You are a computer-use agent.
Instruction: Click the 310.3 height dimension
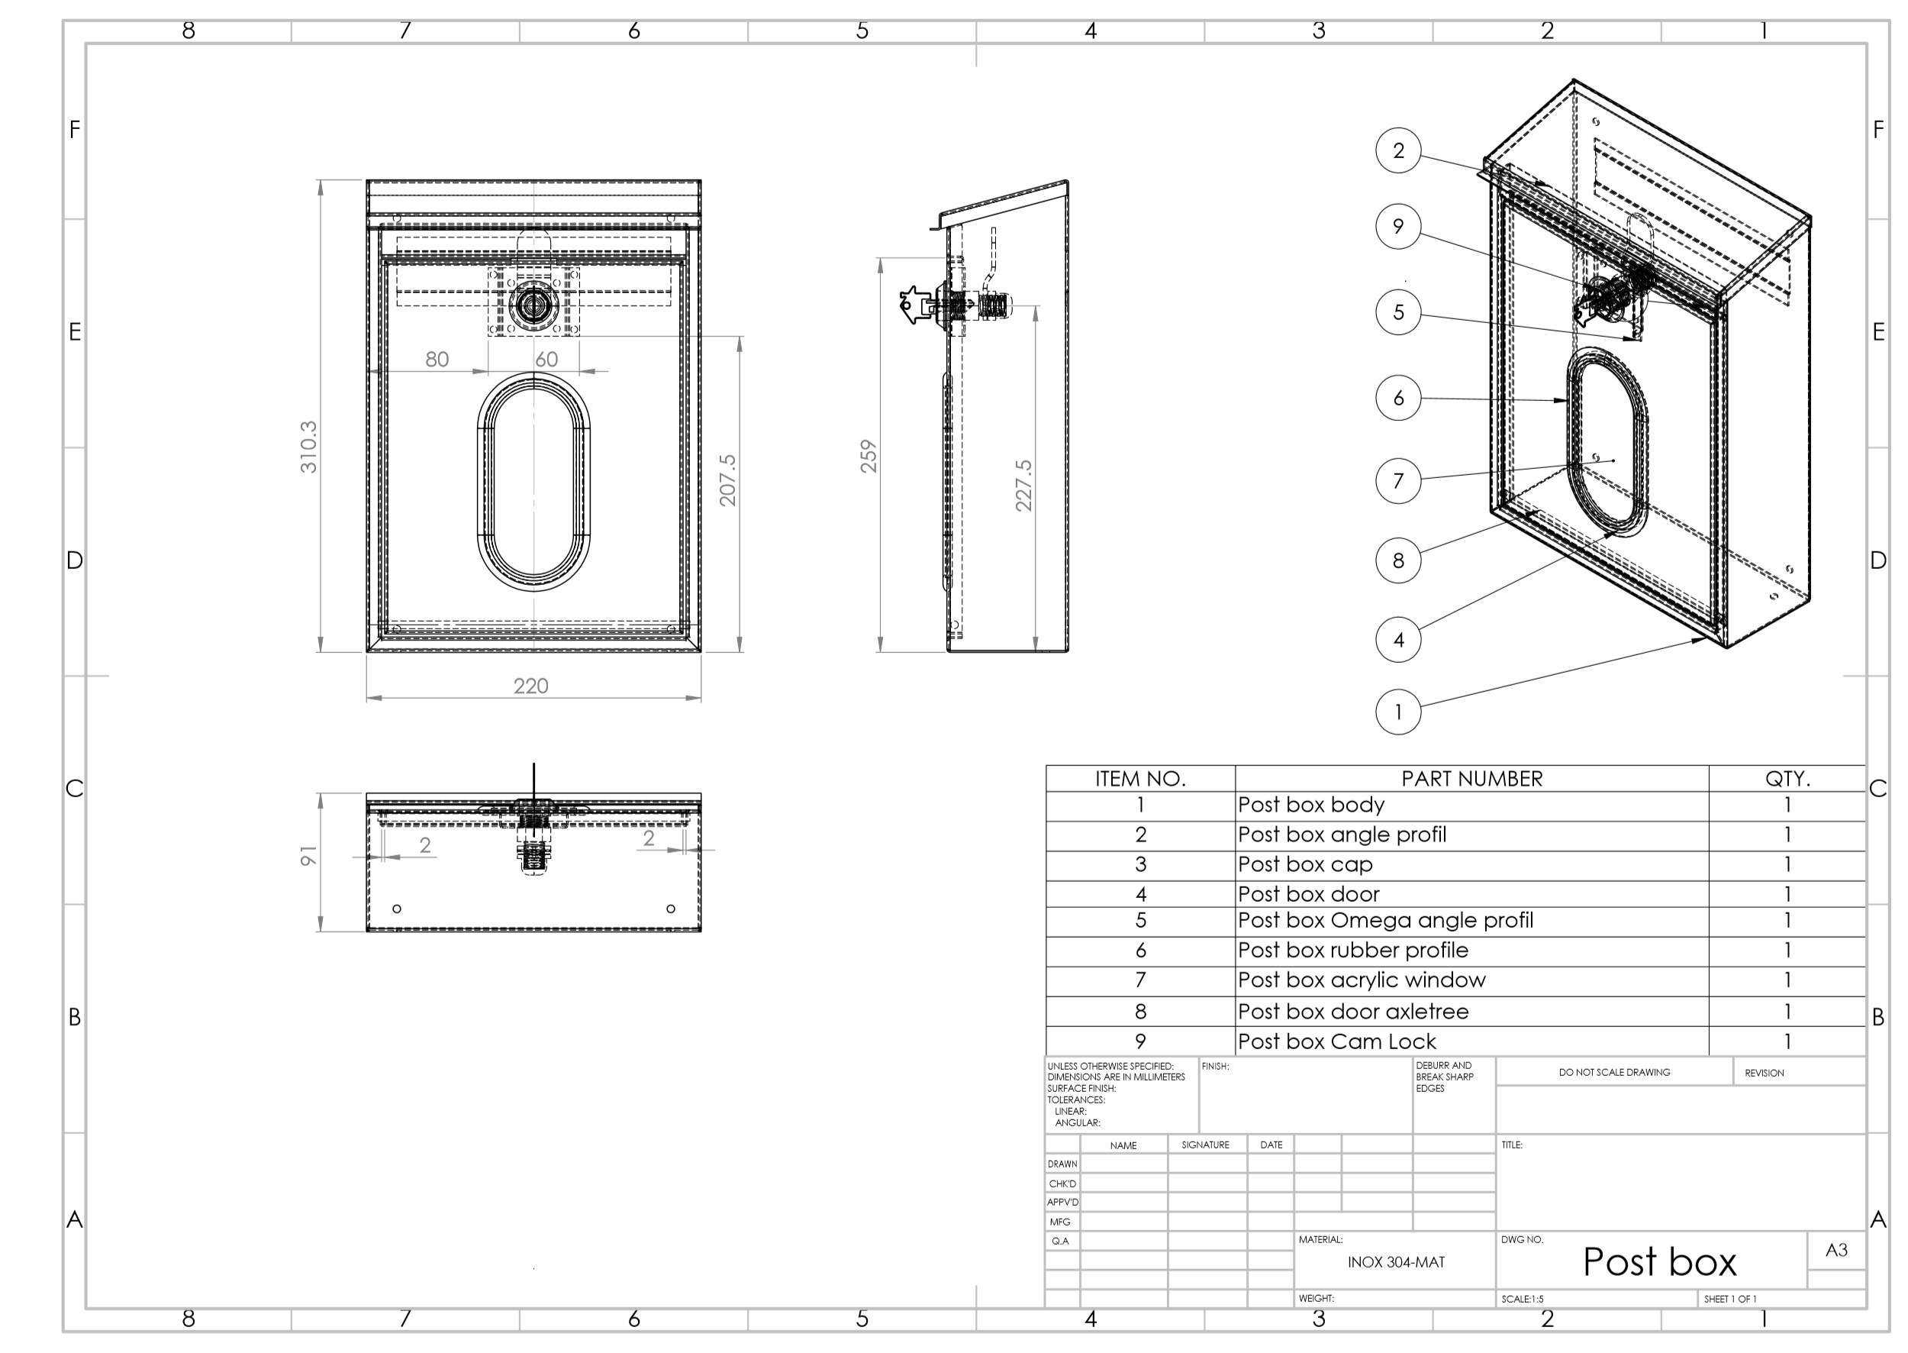309,447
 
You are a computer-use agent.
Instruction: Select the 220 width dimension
530,686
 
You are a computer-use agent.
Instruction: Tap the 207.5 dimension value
728,480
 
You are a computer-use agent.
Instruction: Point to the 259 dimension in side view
869,456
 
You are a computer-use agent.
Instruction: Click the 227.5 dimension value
1023,485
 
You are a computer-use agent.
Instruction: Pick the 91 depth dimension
309,856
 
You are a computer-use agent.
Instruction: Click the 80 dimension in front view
437,359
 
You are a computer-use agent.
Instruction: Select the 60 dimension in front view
546,359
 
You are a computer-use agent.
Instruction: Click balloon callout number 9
1397,226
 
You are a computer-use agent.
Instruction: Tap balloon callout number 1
1397,712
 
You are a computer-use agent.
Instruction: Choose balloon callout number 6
1397,399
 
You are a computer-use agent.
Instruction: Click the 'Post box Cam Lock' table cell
1336,1041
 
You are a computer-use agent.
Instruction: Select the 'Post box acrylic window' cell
1361,980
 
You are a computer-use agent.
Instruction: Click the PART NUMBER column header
1471,779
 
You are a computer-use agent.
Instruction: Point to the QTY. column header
1787,779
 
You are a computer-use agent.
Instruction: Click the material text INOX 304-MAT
1396,1262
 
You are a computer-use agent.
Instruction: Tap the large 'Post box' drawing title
1658,1261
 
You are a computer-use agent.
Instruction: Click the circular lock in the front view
531,305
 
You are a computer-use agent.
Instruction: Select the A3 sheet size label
1835,1250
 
